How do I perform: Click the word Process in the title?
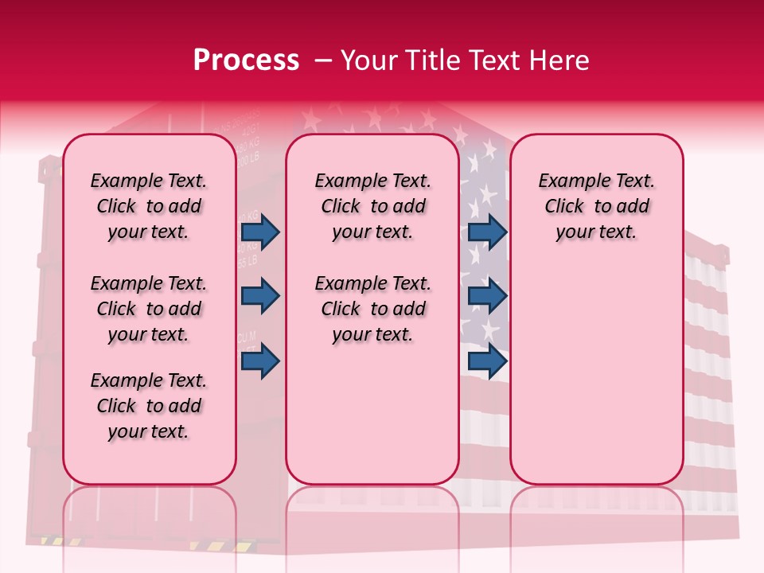point(246,60)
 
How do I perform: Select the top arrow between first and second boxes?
point(260,232)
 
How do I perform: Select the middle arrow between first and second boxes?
point(260,296)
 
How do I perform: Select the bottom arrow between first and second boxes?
point(260,361)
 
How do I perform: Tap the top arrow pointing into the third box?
point(487,232)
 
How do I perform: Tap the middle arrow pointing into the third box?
point(487,296)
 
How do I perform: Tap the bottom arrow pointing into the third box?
point(487,361)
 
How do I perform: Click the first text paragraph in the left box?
point(149,206)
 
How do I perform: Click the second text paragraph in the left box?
point(149,309)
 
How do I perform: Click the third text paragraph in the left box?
point(149,406)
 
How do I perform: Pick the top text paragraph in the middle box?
point(372,206)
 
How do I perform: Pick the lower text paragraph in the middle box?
point(372,309)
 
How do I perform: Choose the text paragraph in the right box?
point(596,206)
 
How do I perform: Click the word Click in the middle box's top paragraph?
point(340,207)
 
